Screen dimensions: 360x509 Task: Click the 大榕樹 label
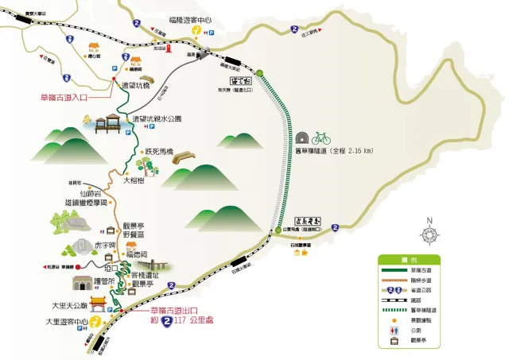[x=134, y=180]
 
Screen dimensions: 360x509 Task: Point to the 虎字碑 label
[x=107, y=246]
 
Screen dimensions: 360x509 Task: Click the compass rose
[x=429, y=234]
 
